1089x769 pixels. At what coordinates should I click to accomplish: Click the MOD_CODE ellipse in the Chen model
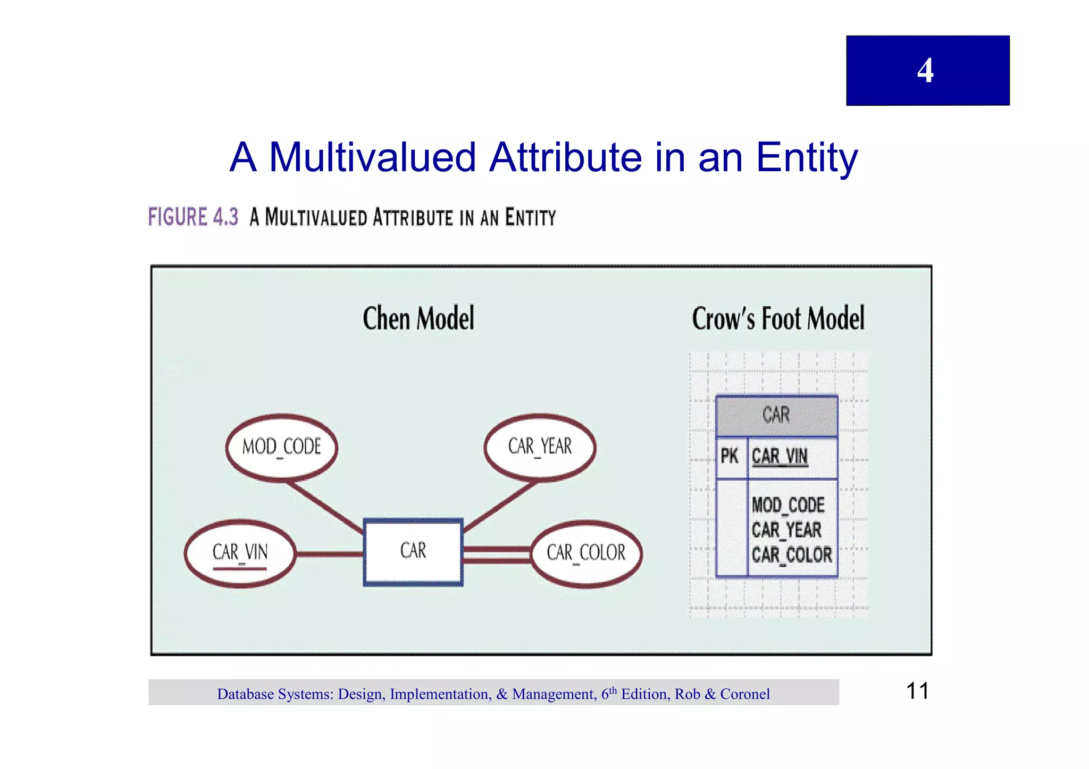point(282,447)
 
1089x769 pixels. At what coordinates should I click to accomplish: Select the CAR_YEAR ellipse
point(540,447)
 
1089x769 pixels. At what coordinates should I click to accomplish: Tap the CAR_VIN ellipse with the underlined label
point(240,553)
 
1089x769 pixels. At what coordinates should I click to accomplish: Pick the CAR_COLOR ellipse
point(586,553)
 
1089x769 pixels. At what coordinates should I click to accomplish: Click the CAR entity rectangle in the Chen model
point(413,552)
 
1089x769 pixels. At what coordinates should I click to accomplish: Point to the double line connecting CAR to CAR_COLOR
point(497,555)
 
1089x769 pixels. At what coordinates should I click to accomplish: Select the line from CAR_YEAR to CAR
point(500,505)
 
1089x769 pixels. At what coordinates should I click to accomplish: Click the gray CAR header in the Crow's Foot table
point(776,416)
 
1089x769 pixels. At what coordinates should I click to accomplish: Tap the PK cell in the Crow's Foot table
point(730,457)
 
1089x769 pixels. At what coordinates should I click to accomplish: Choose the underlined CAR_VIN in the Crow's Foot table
point(780,457)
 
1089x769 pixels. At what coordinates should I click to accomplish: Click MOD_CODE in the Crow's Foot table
point(788,505)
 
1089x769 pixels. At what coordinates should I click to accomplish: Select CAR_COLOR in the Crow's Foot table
point(792,555)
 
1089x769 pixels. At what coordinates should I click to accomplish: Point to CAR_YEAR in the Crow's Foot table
point(786,530)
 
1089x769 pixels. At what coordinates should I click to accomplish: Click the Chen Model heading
point(418,319)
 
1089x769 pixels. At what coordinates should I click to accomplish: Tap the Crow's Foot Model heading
point(778,319)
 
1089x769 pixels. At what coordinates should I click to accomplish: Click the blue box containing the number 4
point(927,71)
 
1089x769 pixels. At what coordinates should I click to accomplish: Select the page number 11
point(917,691)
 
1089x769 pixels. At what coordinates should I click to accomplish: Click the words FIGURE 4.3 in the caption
point(193,217)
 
